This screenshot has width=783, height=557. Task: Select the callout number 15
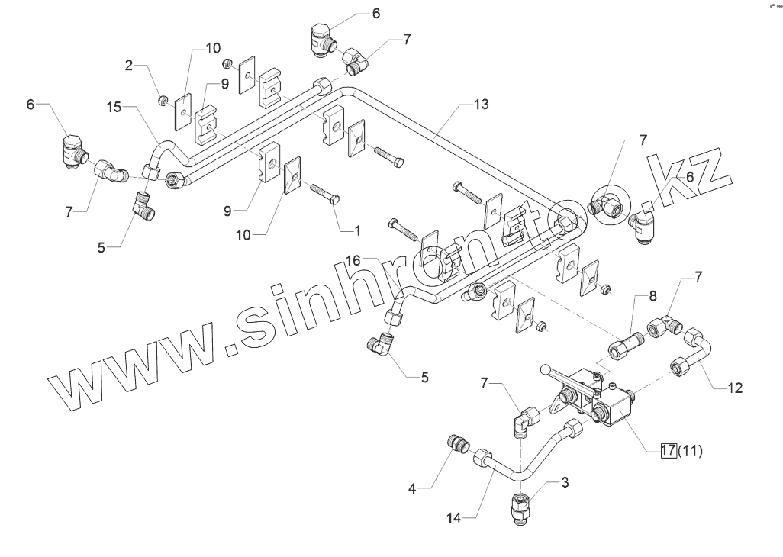point(114,109)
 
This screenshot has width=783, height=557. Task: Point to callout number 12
point(734,388)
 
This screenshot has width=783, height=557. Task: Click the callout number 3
point(565,481)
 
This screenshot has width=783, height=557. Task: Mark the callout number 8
point(652,295)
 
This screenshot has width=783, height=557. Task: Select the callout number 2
point(130,66)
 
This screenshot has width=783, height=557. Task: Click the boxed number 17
point(669,450)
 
